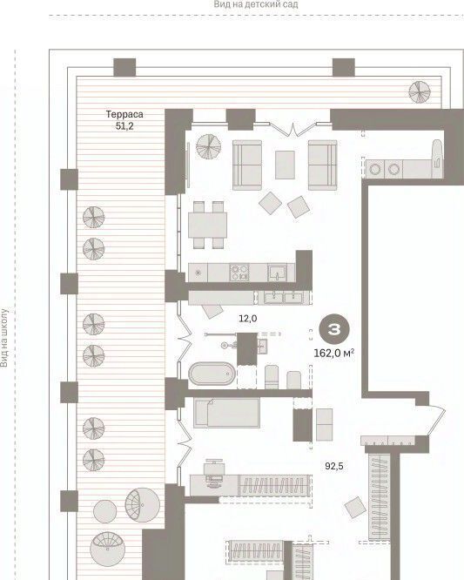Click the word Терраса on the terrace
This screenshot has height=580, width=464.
tap(124, 114)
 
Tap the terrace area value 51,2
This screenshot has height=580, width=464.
tap(124, 125)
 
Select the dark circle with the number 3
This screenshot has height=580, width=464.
tap(334, 329)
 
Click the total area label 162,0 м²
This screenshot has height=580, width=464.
tap(334, 354)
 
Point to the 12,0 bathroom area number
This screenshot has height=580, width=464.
tap(248, 318)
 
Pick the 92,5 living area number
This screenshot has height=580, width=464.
tap(334, 466)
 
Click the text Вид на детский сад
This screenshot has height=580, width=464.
tap(256, 4)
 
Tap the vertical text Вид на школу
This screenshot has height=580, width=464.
tap(4, 338)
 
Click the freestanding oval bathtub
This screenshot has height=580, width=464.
tap(212, 374)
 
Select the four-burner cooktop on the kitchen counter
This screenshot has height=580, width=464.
tap(239, 273)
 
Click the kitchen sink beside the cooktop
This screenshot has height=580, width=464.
tap(277, 273)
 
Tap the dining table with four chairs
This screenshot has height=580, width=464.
tap(207, 225)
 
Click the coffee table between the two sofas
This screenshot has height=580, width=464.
tap(285, 165)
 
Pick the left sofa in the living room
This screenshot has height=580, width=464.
tap(247, 165)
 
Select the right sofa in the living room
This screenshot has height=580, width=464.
tap(322, 165)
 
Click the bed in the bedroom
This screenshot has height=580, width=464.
tap(226, 413)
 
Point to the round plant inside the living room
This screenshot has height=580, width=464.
tap(208, 146)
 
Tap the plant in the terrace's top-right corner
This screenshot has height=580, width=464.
tap(420, 91)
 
